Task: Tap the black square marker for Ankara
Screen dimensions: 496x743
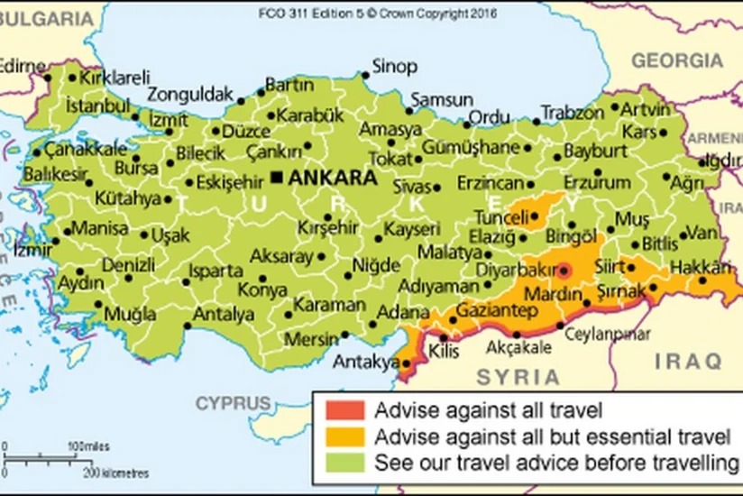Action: (278, 177)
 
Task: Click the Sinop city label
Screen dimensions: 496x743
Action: (395, 67)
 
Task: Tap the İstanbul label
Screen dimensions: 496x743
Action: (93, 106)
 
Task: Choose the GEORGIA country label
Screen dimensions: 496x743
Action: (677, 60)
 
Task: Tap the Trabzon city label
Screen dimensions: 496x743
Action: (572, 114)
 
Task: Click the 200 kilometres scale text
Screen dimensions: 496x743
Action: (117, 472)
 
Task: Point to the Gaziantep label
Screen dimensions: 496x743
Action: (497, 310)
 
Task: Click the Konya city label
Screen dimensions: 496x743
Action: (262, 290)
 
